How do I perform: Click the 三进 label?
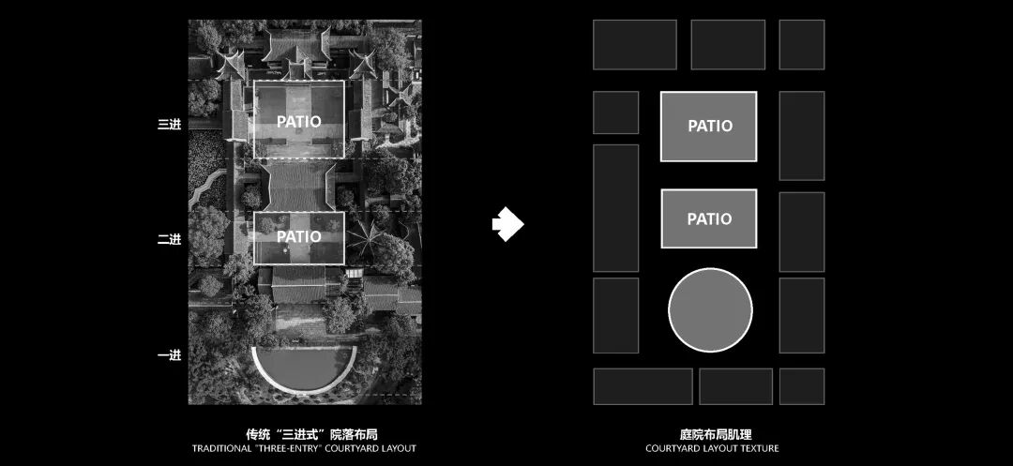169,123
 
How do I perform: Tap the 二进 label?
169,239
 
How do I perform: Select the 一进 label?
169,354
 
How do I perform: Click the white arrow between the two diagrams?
507,224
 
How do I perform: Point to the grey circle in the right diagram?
710,308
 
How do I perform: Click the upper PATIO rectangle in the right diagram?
709,126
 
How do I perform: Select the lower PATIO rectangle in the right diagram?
709,218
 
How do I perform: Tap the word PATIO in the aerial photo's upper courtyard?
298,121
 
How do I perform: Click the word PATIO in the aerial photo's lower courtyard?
298,237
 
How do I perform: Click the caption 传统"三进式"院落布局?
304,433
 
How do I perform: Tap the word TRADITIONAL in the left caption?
221,448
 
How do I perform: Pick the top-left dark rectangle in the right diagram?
634,44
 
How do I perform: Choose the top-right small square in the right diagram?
801,44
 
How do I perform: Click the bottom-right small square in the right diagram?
801,386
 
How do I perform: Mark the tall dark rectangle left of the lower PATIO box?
615,207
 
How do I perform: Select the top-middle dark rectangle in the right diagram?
728,44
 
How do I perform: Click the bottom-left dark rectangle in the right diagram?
643,386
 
